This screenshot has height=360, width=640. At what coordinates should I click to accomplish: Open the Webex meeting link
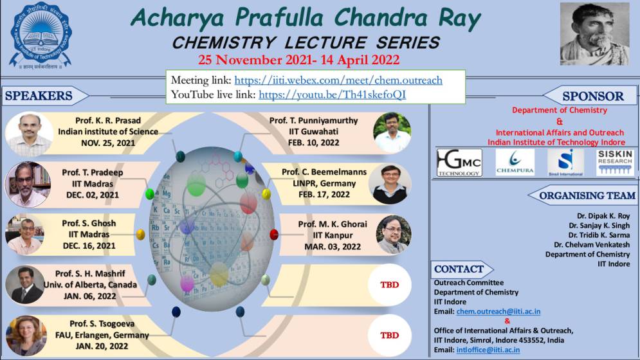click(338, 80)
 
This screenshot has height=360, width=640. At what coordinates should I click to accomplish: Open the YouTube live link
click(332, 94)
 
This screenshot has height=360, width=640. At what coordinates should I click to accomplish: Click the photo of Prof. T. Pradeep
click(28, 184)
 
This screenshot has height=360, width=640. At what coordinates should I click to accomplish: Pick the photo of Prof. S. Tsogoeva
click(26, 334)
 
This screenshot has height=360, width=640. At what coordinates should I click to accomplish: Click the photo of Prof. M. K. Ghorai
click(393, 234)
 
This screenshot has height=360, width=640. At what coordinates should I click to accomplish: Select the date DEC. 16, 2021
click(89, 246)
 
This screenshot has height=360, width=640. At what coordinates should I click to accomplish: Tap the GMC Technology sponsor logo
click(459, 163)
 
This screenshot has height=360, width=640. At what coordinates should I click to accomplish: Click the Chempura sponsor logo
click(515, 163)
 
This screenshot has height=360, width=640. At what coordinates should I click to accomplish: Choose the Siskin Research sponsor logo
click(614, 163)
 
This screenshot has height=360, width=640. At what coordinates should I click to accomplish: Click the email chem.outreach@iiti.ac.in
click(498, 312)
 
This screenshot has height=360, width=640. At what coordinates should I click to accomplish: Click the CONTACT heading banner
click(459, 269)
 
